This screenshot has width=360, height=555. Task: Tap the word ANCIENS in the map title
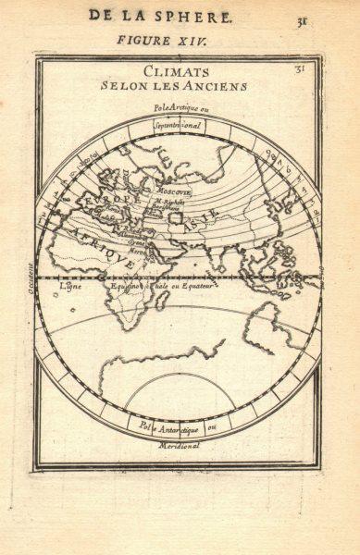[x=218, y=86]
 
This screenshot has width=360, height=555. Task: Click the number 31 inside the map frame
[x=299, y=68]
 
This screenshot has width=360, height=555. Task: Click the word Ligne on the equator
[x=70, y=286]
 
